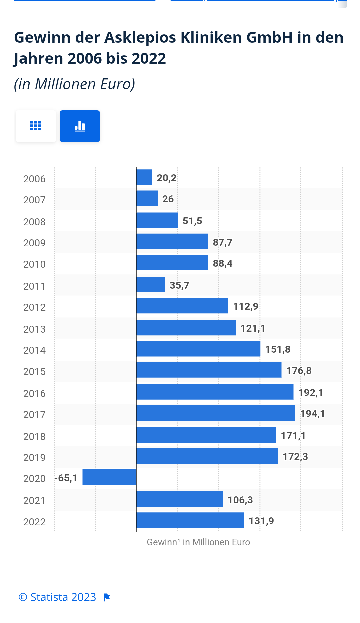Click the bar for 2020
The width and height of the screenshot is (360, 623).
pyautogui.click(x=109, y=477)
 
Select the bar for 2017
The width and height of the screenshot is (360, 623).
pyautogui.click(x=216, y=413)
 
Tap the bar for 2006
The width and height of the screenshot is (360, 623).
pyautogui.click(x=144, y=177)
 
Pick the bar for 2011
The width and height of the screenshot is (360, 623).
pyautogui.click(x=151, y=285)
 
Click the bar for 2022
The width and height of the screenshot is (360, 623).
pyautogui.click(x=190, y=520)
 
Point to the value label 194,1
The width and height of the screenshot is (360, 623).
pyautogui.click(x=312, y=414)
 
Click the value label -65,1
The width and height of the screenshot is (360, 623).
pyautogui.click(x=66, y=478)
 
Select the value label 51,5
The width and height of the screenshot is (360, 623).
pyautogui.click(x=192, y=221)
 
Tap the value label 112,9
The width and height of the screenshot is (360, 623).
pyautogui.click(x=246, y=306)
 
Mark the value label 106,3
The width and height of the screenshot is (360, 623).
pyautogui.click(x=240, y=500)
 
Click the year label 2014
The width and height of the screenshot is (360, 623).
pyautogui.click(x=34, y=350)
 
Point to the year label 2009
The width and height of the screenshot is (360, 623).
pyautogui.click(x=34, y=243)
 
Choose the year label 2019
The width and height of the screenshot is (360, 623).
pyautogui.click(x=34, y=458)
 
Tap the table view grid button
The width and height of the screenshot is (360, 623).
pyautogui.click(x=36, y=126)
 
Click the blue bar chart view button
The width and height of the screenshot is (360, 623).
pyautogui.click(x=80, y=126)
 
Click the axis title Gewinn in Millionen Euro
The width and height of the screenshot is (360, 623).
pyautogui.click(x=198, y=542)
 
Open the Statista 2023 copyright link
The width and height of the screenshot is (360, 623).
pyautogui.click(x=57, y=597)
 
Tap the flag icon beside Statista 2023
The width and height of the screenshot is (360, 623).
pyautogui.click(x=107, y=597)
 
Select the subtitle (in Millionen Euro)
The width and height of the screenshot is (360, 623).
pyautogui.click(x=74, y=84)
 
